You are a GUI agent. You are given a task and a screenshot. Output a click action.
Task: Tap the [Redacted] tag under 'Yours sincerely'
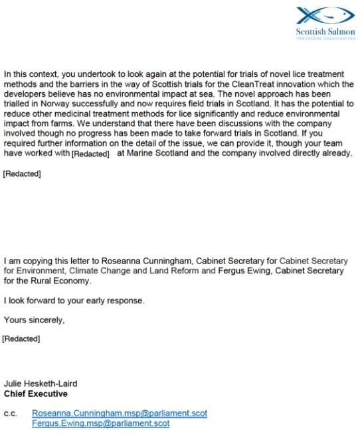coord(21,339)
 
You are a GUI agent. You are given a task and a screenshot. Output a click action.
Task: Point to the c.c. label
coord(11,413)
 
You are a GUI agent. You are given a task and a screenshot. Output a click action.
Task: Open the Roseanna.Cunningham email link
coord(120,413)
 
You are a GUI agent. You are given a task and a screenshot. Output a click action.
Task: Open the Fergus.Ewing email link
coord(101,423)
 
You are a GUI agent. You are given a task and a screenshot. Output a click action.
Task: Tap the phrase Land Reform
coord(154,271)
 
